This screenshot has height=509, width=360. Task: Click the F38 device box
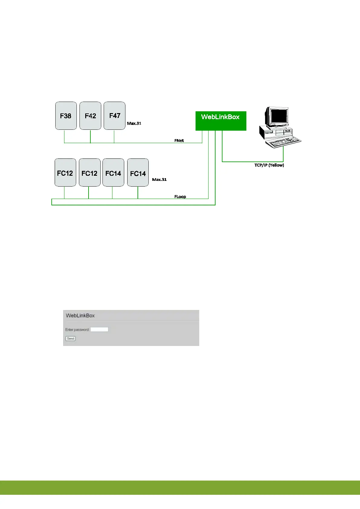66,116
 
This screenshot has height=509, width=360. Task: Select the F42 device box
90,116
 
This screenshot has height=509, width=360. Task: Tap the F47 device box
115,116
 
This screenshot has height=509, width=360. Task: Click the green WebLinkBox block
221,121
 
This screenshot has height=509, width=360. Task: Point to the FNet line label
179,141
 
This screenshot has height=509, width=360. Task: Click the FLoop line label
180,197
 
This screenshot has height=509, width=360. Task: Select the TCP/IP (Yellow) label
269,165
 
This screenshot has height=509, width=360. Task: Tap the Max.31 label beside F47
134,123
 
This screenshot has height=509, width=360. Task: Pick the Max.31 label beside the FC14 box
159,179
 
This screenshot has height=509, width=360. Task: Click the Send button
70,338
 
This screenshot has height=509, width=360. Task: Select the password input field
99,329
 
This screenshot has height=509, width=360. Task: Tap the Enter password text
77,330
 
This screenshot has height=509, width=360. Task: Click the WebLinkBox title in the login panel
80,315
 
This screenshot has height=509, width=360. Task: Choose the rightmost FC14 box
138,173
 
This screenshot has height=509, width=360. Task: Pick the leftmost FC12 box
65,173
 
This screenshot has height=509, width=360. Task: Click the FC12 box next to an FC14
89,173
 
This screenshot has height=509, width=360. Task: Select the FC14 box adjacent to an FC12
113,173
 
